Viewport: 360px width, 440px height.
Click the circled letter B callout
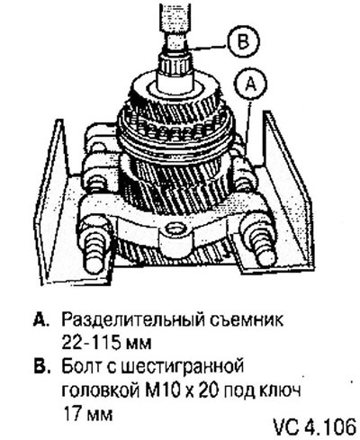(242, 40)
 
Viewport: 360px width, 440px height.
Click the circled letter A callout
(251, 85)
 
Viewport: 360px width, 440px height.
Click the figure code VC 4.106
(314, 427)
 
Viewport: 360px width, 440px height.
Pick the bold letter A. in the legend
(40, 320)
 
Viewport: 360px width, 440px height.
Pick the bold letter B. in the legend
(40, 366)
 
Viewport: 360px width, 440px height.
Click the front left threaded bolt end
(95, 254)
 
